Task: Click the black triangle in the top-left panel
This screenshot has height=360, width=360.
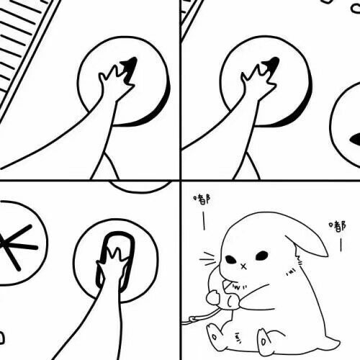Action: (130, 69)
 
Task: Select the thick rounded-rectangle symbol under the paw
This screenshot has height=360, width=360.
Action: (116, 261)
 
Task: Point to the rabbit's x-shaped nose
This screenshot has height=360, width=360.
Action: (243, 266)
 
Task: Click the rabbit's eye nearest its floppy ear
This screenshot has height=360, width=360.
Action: (261, 256)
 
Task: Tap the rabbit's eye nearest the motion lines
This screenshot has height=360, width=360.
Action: (230, 259)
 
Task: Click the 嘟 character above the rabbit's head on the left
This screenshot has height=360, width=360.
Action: (202, 199)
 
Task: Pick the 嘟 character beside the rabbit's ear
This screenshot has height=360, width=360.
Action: (338, 227)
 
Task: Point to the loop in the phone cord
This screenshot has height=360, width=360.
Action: (192, 319)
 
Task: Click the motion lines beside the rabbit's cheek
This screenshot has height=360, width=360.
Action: (207, 259)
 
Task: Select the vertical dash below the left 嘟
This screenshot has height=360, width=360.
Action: (204, 220)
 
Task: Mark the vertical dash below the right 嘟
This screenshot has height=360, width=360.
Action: (341, 244)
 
